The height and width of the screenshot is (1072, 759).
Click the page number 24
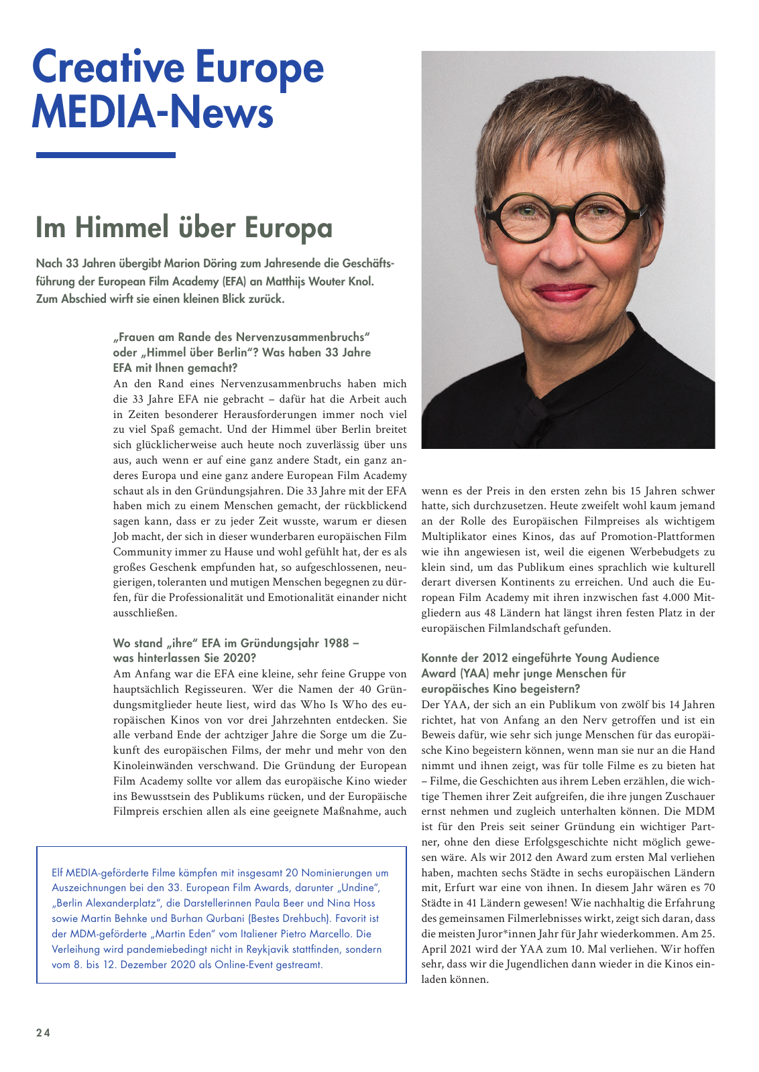(43, 1032)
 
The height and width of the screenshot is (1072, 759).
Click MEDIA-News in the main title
(152, 112)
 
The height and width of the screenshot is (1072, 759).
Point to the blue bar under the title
(105, 155)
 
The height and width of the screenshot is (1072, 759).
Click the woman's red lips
(563, 291)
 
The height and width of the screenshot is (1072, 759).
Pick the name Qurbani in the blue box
(225, 919)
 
